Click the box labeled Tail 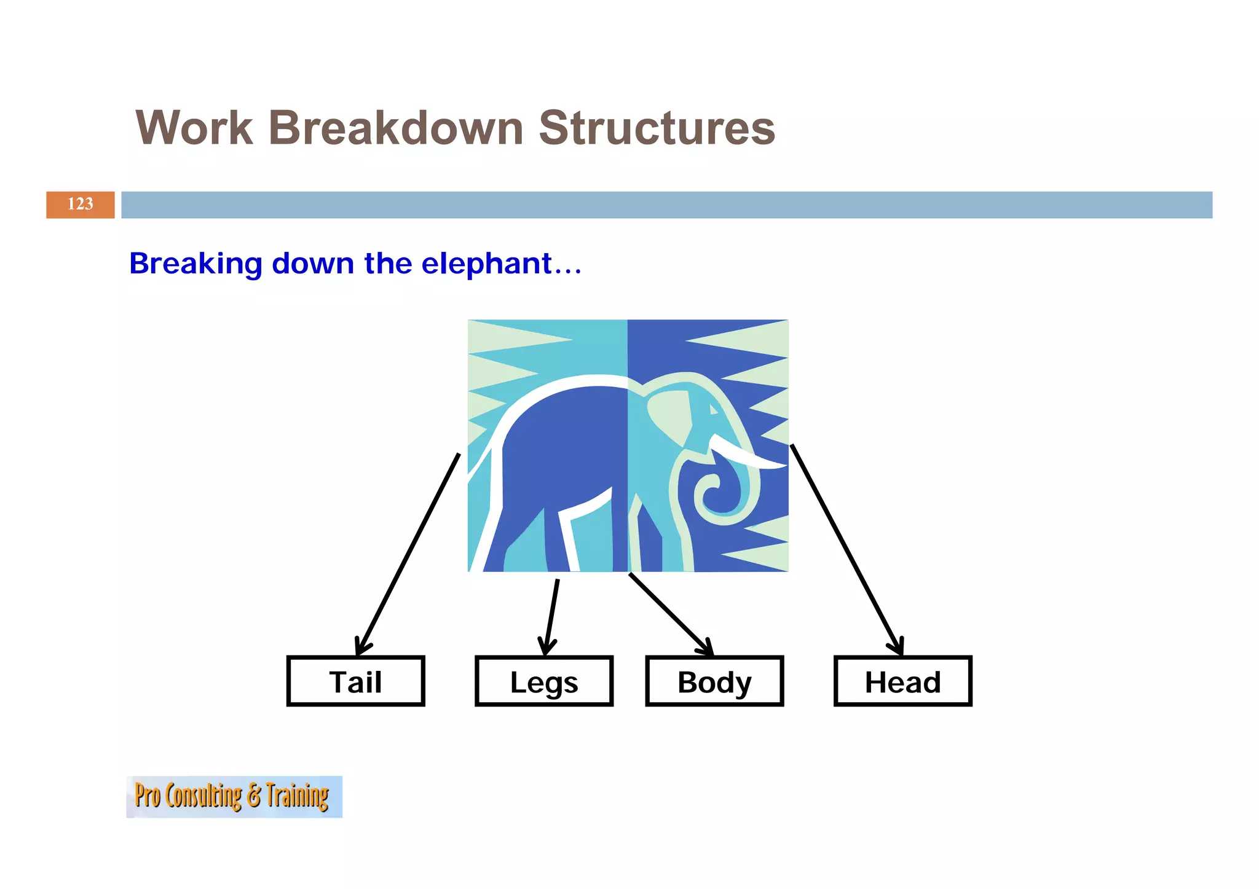355,681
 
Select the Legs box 544,681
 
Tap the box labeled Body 714,681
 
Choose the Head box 902,681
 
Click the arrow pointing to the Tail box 408,553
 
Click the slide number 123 80,204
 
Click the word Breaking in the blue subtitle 195,264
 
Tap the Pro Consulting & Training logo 234,796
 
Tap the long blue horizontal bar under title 666,205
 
